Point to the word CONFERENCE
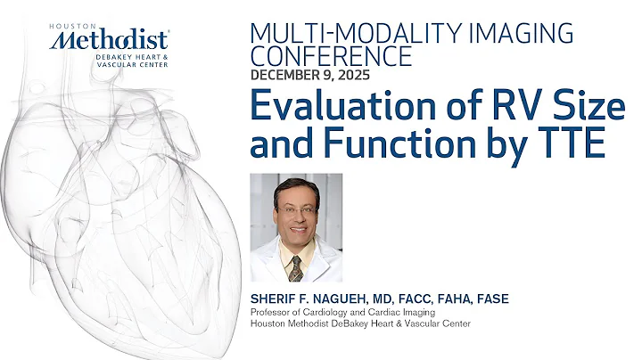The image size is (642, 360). pos(332,56)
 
